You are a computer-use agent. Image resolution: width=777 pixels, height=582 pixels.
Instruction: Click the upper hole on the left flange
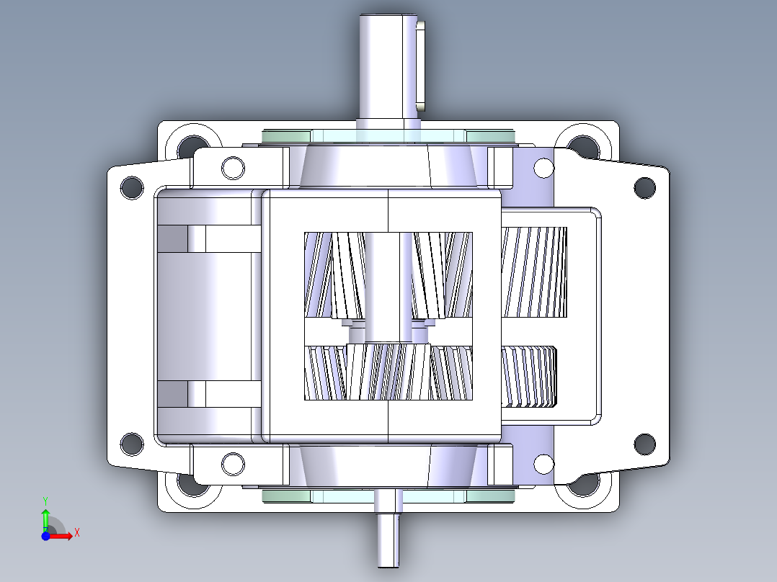coord(132,187)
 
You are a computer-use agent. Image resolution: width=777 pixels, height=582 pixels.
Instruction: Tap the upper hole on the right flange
coord(644,187)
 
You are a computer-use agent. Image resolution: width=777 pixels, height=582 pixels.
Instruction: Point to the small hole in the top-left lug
coord(233,168)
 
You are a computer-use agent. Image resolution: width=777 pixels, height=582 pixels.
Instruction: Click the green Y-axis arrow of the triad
coord(45,518)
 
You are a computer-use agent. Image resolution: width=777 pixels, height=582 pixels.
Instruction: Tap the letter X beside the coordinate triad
coord(76,533)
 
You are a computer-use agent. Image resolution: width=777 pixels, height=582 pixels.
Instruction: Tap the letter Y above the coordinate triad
coord(45,500)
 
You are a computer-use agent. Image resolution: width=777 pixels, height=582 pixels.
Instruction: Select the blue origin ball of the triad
coord(45,536)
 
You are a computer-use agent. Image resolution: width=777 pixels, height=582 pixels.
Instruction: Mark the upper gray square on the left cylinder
coord(172,239)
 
